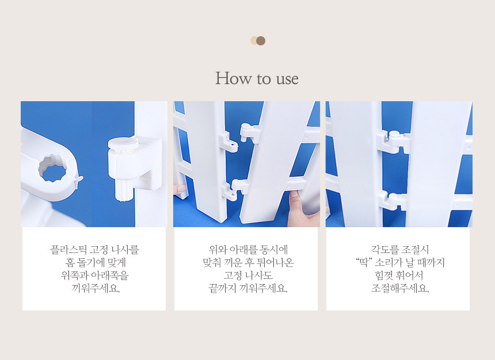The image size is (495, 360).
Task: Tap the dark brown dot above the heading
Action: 261,41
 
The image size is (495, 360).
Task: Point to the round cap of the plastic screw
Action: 123,143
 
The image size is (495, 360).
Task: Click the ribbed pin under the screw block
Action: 123,190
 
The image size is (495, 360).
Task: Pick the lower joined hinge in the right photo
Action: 392,201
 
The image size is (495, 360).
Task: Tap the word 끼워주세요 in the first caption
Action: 96,288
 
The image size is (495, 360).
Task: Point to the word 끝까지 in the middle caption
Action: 222,288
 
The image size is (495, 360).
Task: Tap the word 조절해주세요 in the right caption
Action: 399,288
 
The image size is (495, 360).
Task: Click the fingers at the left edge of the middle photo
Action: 180,190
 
